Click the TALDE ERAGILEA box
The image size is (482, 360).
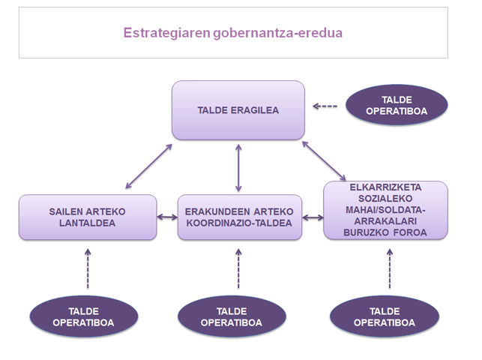pyautogui.click(x=238, y=109)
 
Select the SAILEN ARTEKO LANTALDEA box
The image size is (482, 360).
pyautogui.click(x=87, y=217)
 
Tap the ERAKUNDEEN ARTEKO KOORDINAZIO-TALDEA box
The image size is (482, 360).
pyautogui.click(x=239, y=217)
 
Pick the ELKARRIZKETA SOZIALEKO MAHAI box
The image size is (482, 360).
pyautogui.click(x=385, y=211)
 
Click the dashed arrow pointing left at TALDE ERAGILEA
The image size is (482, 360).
pyautogui.click(x=325, y=106)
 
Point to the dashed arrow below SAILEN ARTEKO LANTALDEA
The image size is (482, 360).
pyautogui.click(x=88, y=268)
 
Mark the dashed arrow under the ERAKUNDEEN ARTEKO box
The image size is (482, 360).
pyautogui.click(x=238, y=268)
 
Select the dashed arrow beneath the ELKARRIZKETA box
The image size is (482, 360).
pyautogui.click(x=389, y=268)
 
